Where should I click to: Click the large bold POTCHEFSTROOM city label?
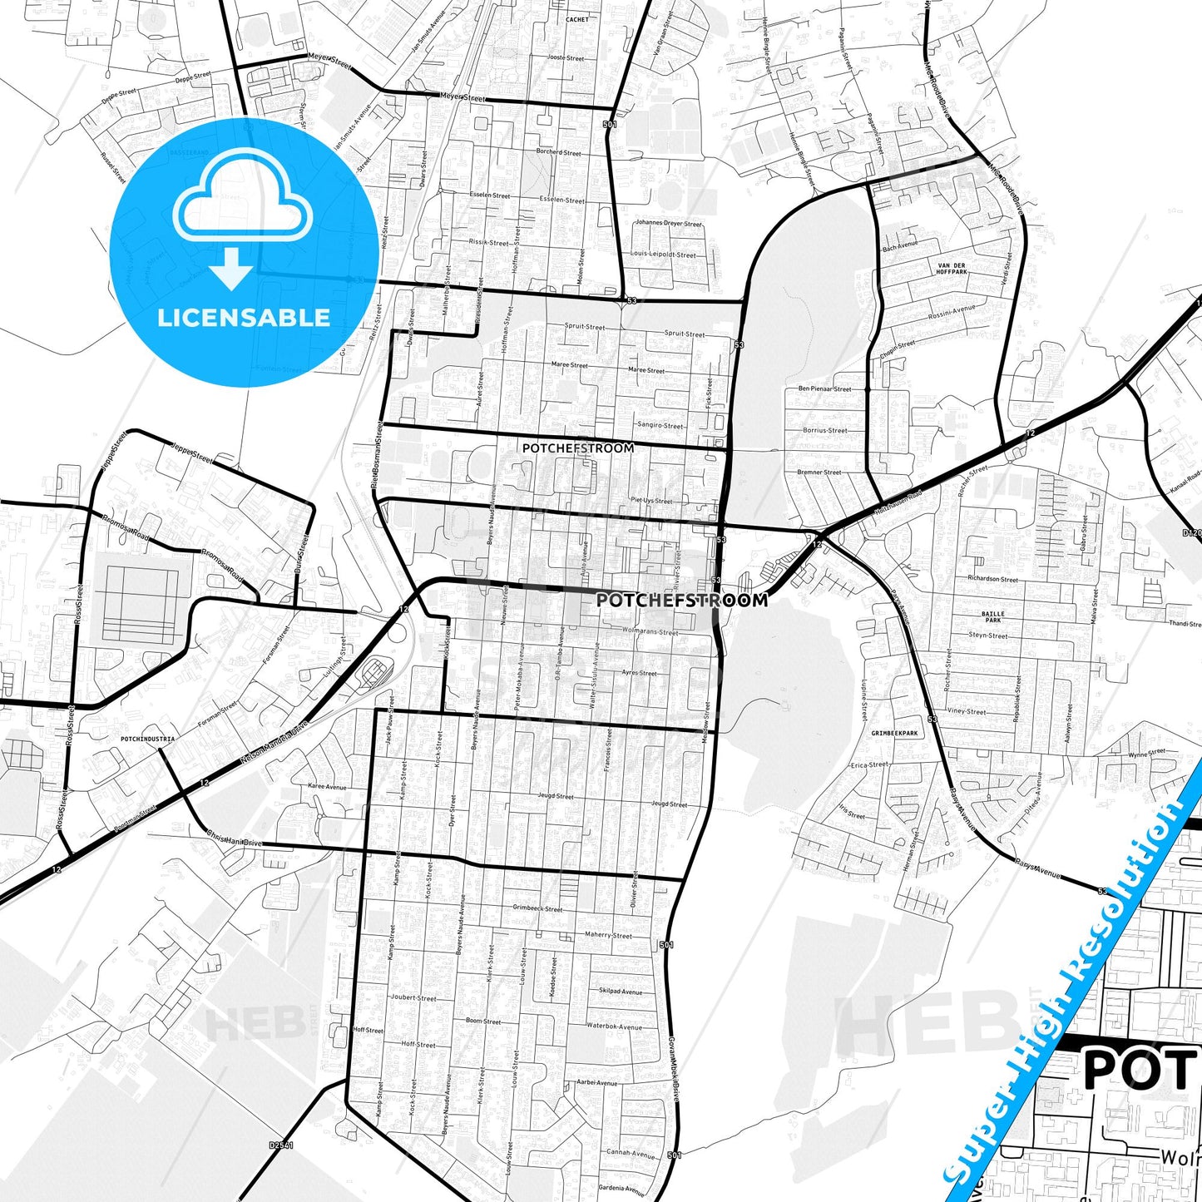pos(682,600)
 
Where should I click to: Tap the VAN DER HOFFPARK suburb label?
pos(952,269)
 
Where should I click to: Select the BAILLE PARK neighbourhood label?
pos(992,616)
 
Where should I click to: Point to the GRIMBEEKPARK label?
pos(894,733)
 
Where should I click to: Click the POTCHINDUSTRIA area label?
pos(147,738)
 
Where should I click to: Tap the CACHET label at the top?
pos(576,19)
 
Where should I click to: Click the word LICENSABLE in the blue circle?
pos(244,317)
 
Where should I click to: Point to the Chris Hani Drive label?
pos(234,841)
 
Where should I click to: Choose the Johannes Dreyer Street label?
pos(668,223)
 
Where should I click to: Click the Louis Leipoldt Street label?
pos(663,255)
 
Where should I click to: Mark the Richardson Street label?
pos(992,578)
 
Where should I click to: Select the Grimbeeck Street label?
pos(537,908)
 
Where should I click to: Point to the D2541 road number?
pos(281,1145)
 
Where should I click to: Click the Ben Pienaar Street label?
pos(824,388)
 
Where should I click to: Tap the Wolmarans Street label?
pos(650,632)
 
